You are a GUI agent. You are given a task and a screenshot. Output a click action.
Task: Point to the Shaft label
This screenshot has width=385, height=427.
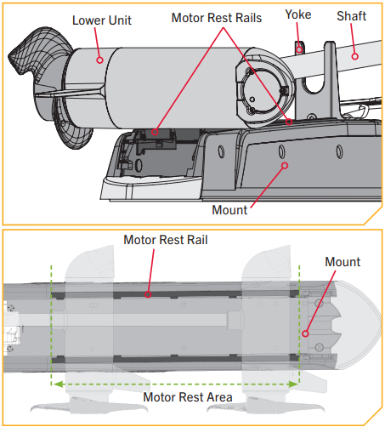point(352,17)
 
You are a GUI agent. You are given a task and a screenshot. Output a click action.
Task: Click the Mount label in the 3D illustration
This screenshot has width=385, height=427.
point(231,209)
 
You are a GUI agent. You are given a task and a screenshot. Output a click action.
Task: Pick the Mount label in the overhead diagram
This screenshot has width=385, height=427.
point(343,262)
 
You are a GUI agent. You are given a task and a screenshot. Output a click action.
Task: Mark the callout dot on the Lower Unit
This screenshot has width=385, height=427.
point(100,60)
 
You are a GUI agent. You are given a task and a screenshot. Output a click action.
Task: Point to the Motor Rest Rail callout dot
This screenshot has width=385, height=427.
point(148,294)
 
